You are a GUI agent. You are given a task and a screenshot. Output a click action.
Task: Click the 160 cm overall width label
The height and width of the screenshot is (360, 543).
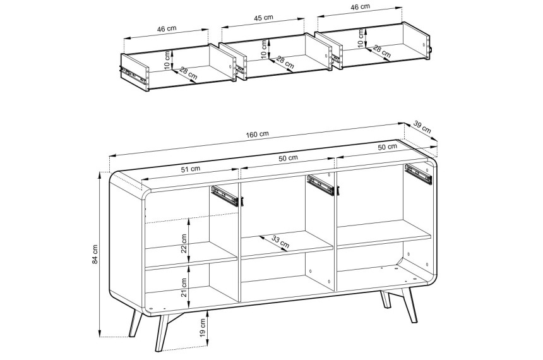point(257,135)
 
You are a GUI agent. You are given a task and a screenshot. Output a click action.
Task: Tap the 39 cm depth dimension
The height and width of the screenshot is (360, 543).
point(422,128)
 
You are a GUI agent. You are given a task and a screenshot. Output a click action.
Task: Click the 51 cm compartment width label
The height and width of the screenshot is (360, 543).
point(191,169)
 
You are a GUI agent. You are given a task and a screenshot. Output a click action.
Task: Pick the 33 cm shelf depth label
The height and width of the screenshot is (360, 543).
point(280,242)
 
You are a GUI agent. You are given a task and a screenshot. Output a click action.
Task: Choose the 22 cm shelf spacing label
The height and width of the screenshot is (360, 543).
point(184,243)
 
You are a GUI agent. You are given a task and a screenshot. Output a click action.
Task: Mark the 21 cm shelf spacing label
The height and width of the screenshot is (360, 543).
point(184,287)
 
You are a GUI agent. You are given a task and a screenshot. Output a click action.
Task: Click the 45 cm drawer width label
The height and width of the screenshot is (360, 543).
point(263,18)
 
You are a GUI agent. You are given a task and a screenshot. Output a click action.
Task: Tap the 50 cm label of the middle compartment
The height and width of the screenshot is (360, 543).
point(288,158)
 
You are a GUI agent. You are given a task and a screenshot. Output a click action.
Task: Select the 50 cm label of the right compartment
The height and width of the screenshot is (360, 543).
point(387,147)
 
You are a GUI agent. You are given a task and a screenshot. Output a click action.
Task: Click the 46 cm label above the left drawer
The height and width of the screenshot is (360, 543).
point(167,29)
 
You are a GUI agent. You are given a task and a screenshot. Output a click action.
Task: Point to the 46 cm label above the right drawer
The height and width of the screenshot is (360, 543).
point(360,6)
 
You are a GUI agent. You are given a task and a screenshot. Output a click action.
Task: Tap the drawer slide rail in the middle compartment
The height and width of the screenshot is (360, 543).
point(321,184)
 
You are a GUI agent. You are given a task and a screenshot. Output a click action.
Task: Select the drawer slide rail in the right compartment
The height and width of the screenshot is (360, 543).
point(419,174)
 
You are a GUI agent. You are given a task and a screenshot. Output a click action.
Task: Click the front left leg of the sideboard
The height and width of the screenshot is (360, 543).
point(136,324)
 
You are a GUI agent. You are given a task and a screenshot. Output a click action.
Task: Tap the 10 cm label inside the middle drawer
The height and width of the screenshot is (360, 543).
point(265,49)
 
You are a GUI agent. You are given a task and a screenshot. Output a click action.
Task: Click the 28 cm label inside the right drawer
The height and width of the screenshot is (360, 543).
point(381,52)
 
